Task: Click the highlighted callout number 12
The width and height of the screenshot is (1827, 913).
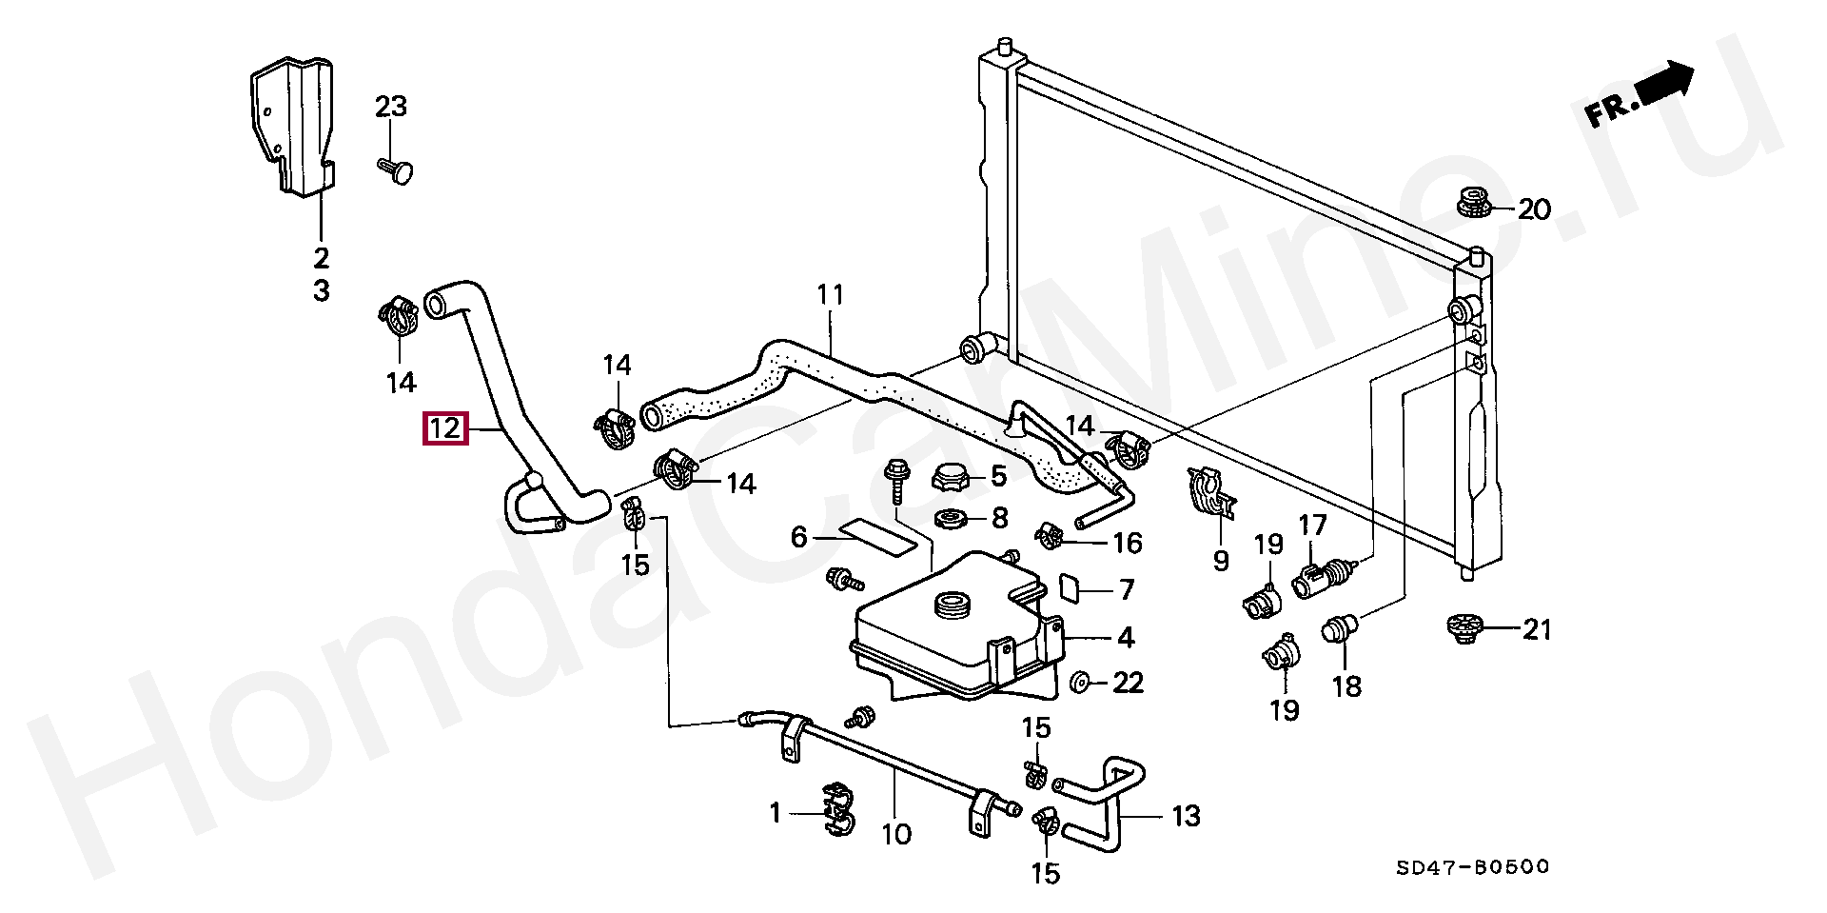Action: (x=445, y=428)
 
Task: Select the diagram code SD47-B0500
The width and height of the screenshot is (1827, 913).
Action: (x=1472, y=867)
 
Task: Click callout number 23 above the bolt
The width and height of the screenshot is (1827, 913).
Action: (x=390, y=107)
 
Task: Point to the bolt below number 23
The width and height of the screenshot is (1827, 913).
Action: (x=399, y=172)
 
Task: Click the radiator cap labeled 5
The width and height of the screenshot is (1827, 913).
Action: (x=949, y=476)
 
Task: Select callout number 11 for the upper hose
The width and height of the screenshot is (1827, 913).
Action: (x=830, y=295)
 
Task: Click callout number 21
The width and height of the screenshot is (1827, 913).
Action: (x=1537, y=629)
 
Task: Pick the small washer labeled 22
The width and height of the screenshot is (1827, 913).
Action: (x=1080, y=683)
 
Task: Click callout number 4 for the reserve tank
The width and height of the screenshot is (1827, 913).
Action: (x=1126, y=637)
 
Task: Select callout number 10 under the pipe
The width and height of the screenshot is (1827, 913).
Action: (x=896, y=835)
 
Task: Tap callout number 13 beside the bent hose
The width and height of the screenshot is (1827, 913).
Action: (x=1186, y=816)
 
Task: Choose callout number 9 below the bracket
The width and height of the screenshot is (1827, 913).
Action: (x=1221, y=561)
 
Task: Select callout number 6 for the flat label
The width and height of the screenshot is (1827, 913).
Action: (x=798, y=538)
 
